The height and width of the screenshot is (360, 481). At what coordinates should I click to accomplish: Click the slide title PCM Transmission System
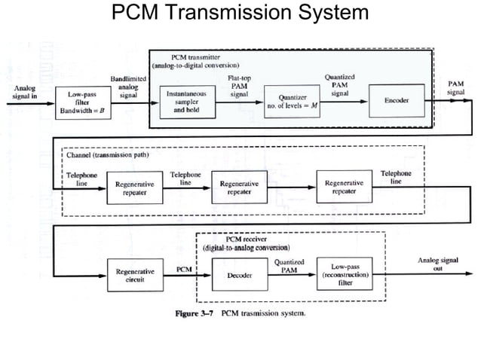coord(240,13)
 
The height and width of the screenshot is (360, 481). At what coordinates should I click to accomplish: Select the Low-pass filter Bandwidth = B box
coord(78,102)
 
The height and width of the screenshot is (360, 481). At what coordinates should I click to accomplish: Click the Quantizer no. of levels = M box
coord(293,102)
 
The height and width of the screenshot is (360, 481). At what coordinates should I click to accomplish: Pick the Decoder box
coord(239,276)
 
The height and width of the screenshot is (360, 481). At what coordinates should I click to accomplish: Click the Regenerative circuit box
coord(136,276)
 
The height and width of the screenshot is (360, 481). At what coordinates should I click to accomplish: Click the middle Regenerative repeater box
coord(239,188)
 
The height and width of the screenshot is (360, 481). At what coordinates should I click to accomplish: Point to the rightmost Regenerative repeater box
coord(344,188)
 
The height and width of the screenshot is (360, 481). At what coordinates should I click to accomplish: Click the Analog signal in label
coord(24,93)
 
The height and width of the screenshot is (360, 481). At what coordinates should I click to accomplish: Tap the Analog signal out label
coord(437,264)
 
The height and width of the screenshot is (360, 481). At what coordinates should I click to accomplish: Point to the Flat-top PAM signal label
coord(238,84)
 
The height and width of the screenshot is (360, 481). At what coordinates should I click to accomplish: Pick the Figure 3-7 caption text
coord(240,313)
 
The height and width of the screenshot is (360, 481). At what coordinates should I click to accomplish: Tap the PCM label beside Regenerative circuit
coord(182,269)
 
